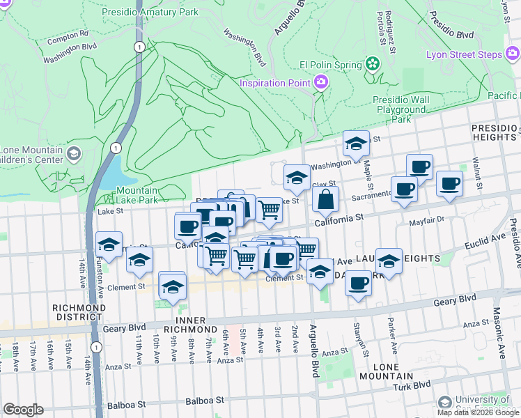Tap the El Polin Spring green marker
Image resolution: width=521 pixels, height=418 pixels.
[x=373, y=65]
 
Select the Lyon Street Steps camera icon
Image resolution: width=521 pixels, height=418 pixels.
[x=512, y=54]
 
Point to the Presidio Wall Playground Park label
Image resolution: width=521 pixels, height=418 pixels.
[x=401, y=109]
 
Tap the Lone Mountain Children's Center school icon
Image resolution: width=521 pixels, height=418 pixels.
[x=73, y=153]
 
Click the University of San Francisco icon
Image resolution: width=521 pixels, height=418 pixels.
[x=444, y=402]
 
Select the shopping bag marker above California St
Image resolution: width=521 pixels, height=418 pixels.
[x=325, y=200]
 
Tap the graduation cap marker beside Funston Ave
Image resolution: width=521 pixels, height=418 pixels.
[x=109, y=245]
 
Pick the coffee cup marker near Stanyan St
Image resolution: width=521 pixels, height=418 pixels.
[x=358, y=284]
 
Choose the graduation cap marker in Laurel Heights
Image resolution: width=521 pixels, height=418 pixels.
[x=389, y=261]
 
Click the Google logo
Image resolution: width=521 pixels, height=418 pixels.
[x=23, y=410]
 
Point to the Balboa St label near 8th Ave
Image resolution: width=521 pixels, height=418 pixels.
[x=205, y=401]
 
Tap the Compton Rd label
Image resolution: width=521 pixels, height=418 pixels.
[x=68, y=33]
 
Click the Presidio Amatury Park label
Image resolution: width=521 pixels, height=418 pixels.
[x=150, y=12]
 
